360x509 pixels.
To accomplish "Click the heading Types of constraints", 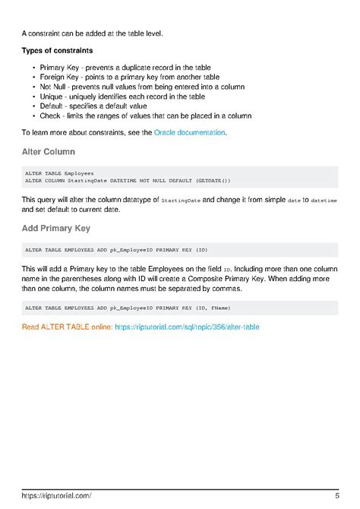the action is coord(57,50).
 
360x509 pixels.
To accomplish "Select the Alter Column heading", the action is coord(48,151).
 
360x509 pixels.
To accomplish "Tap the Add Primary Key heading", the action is coord(56,228).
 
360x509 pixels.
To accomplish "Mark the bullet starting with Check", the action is coord(145,116).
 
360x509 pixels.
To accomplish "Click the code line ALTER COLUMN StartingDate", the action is coord(128,180).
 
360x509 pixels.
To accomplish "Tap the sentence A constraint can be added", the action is coord(92,33).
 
